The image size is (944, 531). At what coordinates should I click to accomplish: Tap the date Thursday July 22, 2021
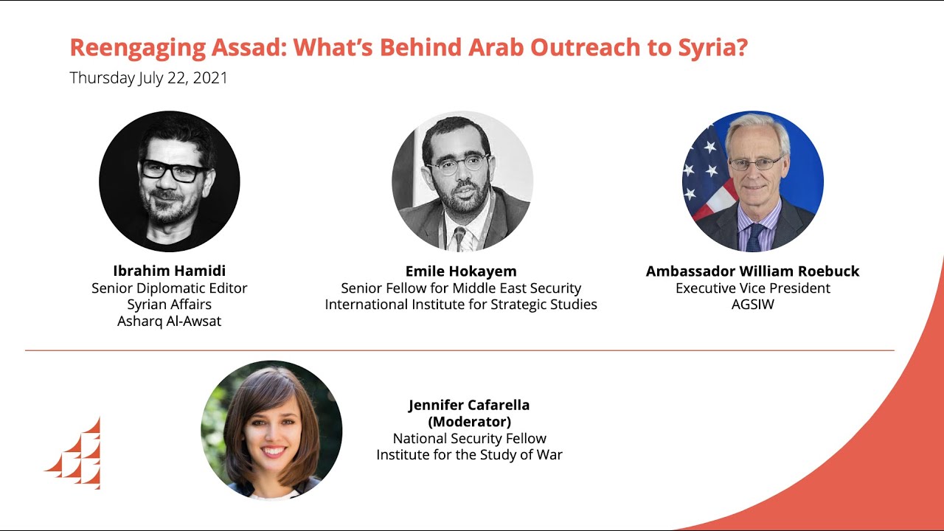click(149, 78)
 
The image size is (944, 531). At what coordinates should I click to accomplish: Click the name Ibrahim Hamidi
click(169, 270)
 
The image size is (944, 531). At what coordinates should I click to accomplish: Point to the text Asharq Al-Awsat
click(169, 322)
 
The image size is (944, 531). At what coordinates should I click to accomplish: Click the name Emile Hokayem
click(461, 271)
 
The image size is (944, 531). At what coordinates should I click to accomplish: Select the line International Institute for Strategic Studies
click(461, 305)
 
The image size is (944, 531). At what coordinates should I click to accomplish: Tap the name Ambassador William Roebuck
click(752, 271)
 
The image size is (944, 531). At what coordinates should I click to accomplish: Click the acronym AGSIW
click(752, 305)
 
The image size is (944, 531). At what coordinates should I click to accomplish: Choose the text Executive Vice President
click(752, 288)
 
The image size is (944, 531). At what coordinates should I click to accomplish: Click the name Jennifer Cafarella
click(469, 405)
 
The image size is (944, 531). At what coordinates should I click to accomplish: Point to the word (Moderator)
click(469, 422)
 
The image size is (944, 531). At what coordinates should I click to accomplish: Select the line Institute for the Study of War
click(469, 455)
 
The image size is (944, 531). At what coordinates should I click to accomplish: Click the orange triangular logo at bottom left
click(77, 455)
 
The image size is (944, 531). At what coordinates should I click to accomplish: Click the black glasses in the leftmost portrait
click(174, 171)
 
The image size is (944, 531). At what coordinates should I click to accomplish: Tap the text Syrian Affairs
click(169, 305)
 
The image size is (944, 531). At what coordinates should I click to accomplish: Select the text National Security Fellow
click(469, 439)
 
